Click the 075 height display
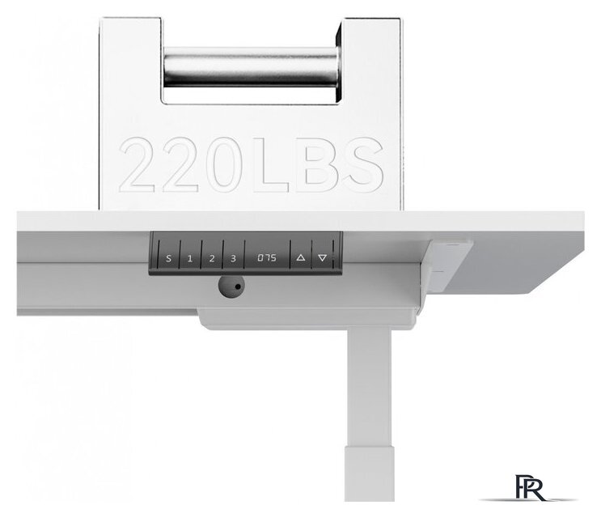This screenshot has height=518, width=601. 267,257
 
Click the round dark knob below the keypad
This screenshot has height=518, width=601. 231,287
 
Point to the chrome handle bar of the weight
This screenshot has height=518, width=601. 251,66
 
